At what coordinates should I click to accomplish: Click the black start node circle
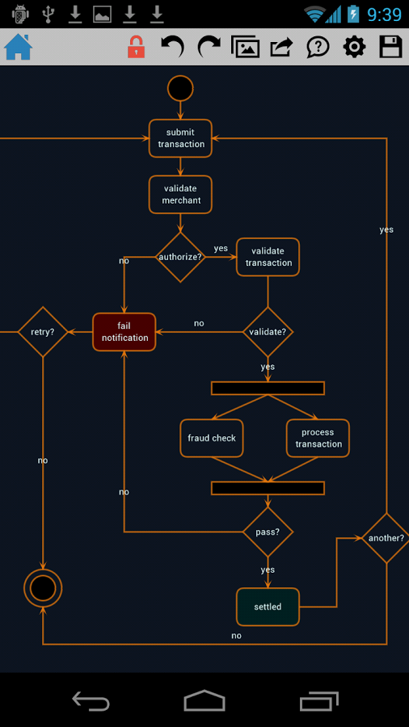[180, 88]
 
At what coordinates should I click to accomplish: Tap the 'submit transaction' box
[180, 138]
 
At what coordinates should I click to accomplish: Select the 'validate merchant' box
[180, 195]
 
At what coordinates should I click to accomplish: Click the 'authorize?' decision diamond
[180, 257]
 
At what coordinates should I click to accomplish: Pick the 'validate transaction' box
[268, 257]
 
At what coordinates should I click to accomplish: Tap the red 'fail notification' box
[124, 332]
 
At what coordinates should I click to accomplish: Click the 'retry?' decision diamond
[43, 332]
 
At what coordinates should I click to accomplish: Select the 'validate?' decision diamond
[268, 332]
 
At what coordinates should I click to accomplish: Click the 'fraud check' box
[212, 438]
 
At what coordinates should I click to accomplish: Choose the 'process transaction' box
[318, 438]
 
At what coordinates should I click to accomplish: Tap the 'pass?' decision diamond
[268, 532]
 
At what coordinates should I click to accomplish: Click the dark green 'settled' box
[268, 607]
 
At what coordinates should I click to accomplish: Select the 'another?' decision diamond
[386, 538]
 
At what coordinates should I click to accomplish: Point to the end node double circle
[43, 587]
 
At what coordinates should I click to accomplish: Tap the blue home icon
[18, 48]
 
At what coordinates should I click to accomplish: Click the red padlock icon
[136, 48]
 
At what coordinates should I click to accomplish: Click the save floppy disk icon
[390, 48]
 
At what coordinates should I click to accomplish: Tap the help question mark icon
[318, 48]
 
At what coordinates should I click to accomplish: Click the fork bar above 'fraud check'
[268, 389]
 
